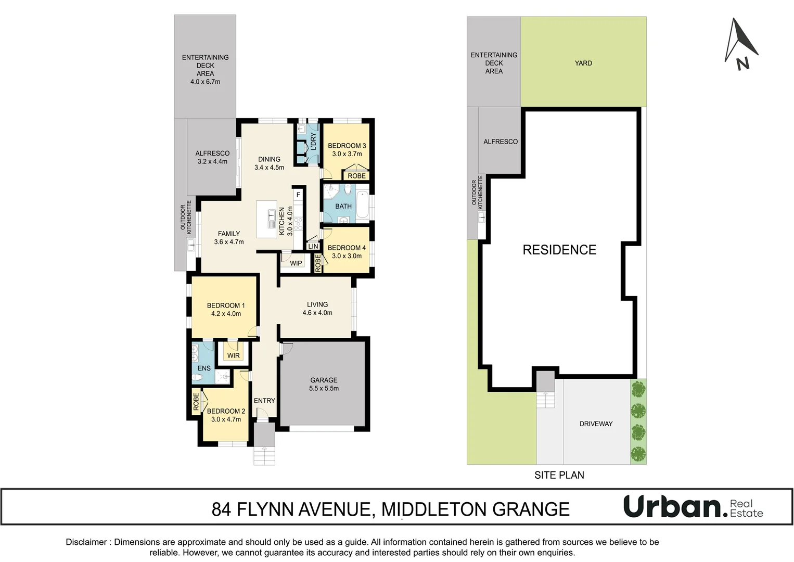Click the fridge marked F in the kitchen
point(298,195)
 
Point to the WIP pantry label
point(296,263)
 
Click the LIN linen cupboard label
point(313,246)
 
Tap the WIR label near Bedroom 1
point(233,355)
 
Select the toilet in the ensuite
point(197,378)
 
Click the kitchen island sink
point(272,219)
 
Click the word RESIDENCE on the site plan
point(559,250)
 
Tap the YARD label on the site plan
point(583,63)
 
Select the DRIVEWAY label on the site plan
point(596,424)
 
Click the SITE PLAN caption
point(559,475)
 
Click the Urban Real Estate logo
point(694,507)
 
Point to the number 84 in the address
point(221,509)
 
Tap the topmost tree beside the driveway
point(638,389)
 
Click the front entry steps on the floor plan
point(264,456)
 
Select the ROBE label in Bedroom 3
point(356,176)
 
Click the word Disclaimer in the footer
point(86,542)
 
